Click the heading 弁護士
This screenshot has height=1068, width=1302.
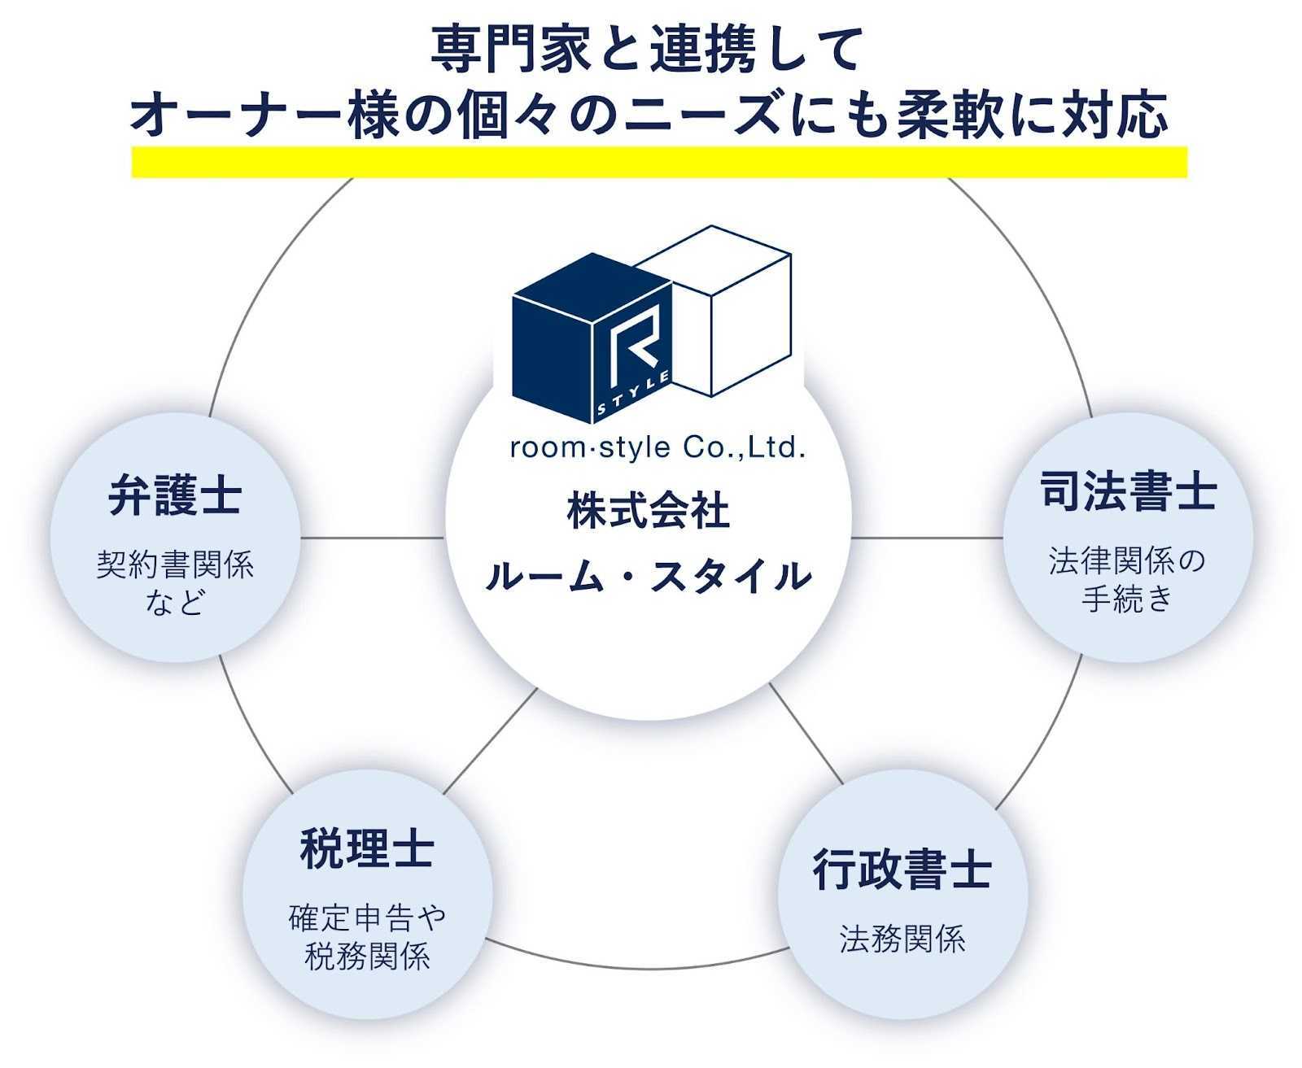(175, 495)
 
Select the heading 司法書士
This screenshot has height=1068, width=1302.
(1128, 491)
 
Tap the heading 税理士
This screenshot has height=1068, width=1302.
(367, 848)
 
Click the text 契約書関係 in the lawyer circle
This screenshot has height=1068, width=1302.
(175, 565)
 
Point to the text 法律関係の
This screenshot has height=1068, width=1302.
(1127, 560)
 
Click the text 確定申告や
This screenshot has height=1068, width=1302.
(367, 918)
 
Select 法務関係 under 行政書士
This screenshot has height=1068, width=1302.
(902, 939)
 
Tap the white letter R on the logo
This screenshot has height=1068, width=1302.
(633, 350)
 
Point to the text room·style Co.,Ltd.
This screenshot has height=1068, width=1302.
(658, 447)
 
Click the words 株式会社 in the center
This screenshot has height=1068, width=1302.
(649, 511)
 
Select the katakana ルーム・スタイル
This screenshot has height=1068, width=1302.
(649, 576)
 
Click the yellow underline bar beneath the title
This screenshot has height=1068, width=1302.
(659, 162)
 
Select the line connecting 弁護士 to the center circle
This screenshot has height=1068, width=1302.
(373, 538)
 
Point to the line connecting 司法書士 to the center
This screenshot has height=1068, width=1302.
(927, 538)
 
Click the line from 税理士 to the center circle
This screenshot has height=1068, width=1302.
(490, 740)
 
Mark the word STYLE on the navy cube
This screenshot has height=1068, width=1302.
(634, 393)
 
